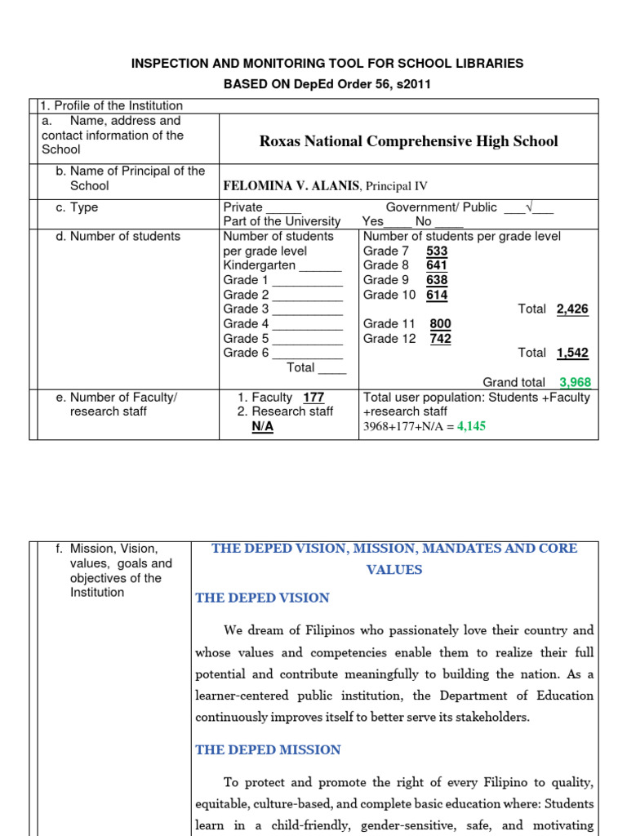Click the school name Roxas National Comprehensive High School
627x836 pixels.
(x=408, y=141)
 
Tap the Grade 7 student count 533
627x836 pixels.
(x=437, y=251)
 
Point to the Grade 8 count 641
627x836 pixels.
(x=437, y=265)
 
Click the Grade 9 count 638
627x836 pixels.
(x=437, y=280)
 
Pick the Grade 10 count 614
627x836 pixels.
(x=437, y=295)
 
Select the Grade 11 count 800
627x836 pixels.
(x=440, y=324)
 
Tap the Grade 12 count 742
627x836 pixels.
(x=440, y=339)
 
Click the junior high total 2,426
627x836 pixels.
(x=572, y=309)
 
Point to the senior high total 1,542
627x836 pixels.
(x=572, y=354)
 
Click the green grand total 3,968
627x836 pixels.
(x=575, y=382)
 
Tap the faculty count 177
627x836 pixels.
(x=313, y=398)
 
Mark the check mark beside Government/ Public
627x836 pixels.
(x=529, y=207)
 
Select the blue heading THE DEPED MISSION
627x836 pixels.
(x=268, y=749)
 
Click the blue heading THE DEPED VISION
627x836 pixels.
(x=262, y=598)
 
